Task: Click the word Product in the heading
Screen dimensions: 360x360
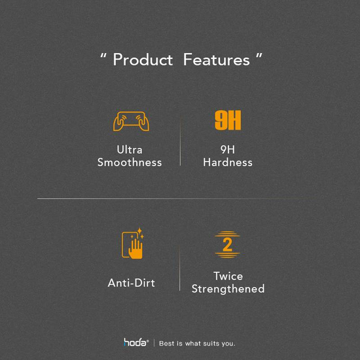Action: point(143,60)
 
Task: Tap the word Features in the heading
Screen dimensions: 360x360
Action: point(217,60)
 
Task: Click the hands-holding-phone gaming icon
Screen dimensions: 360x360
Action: point(131,121)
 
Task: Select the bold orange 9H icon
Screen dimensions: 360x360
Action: point(228,120)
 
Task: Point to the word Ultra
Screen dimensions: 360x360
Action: point(130,150)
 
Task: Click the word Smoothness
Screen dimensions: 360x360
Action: point(130,162)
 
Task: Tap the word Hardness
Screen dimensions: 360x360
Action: point(228,162)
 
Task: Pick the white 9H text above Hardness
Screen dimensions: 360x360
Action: point(228,150)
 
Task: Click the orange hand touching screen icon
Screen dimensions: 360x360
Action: point(133,243)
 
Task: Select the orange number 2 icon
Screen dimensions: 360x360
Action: point(227,245)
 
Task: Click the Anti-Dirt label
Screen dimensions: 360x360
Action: point(132,283)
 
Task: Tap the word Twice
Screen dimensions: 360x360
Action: point(228,276)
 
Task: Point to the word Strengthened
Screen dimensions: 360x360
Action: point(228,289)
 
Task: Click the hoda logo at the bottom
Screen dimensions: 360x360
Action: point(136,342)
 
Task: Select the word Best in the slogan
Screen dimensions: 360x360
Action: point(168,344)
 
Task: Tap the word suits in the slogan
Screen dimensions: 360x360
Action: point(211,344)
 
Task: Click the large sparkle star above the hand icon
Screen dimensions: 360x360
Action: point(139,230)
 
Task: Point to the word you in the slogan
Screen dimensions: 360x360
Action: point(228,344)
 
